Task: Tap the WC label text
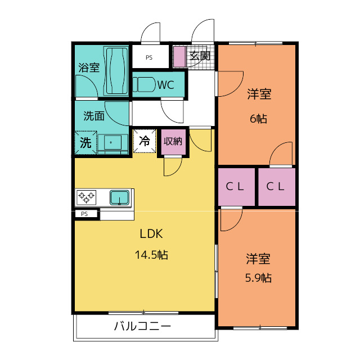[x=165, y=85]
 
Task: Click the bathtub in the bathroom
[x=117, y=71]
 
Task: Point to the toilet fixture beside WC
[x=144, y=85]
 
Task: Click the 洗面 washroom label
[x=93, y=116]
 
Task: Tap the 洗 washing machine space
[x=85, y=142]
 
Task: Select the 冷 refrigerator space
[x=144, y=141]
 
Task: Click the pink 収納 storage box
[x=173, y=141]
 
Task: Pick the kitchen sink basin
[x=120, y=197]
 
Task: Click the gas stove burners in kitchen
[x=87, y=197]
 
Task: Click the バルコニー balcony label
[x=142, y=326]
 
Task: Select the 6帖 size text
[x=259, y=119]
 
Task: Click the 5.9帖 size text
[x=258, y=278]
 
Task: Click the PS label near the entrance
[x=149, y=57]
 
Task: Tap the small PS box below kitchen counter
[x=85, y=214]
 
